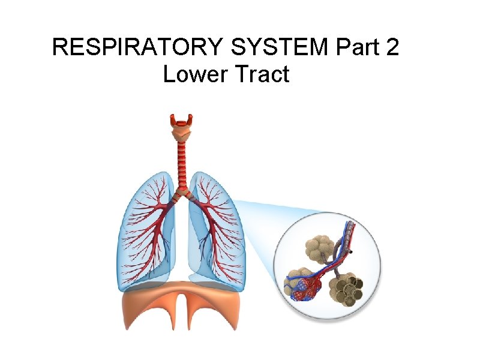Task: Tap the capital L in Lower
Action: (169, 75)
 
